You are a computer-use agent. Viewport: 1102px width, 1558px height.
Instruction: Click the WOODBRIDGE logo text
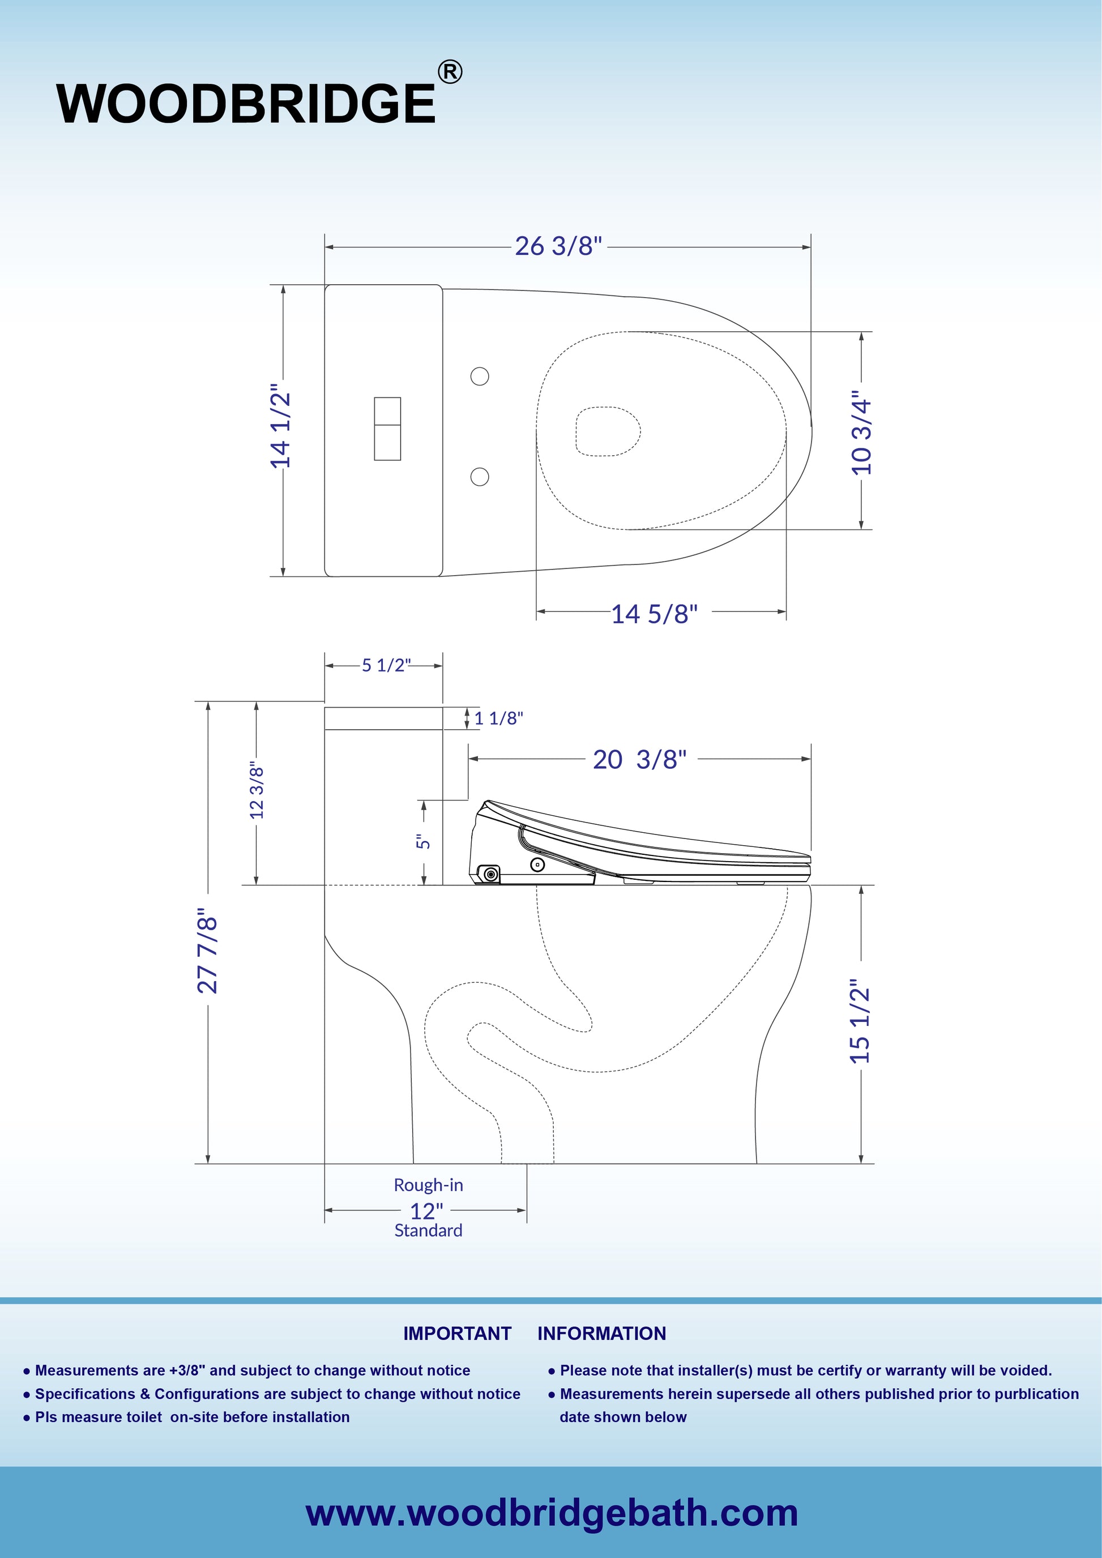[x=246, y=103]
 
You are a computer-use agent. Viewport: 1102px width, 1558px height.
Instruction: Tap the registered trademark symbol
[x=450, y=72]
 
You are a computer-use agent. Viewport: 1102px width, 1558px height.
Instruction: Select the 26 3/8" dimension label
[x=558, y=246]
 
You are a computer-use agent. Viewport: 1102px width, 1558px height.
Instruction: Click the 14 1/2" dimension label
[x=280, y=430]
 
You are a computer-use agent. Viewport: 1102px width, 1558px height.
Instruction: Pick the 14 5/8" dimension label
[x=654, y=614]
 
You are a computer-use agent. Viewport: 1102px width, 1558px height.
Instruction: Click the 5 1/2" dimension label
[x=386, y=665]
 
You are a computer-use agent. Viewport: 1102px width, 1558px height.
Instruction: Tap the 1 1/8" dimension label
[x=499, y=718]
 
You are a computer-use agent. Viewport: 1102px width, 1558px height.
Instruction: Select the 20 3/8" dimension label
[x=639, y=759]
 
